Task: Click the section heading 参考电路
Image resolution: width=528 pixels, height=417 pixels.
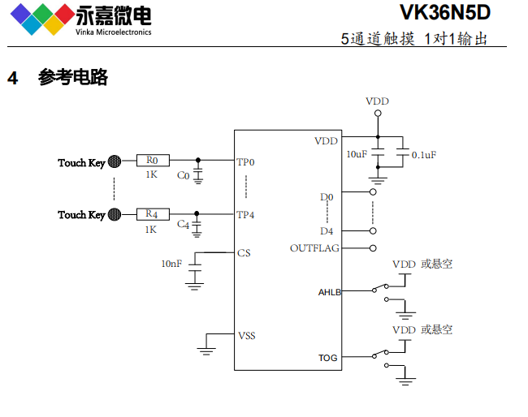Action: pos(73,78)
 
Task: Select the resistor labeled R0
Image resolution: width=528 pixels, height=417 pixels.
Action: pos(152,161)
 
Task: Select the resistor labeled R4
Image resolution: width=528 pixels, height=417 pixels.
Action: pos(152,214)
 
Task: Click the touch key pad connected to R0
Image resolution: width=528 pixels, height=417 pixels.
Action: pos(115,161)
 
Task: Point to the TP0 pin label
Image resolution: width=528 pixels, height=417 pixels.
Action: pos(245,162)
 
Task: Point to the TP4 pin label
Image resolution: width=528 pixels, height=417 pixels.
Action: pos(245,215)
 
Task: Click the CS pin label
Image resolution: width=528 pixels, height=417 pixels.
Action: pos(244,253)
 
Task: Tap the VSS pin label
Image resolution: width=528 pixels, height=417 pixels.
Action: pos(246,334)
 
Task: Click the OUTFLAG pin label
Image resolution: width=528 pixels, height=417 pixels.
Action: pos(314,248)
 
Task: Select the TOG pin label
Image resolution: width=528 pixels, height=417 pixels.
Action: pos(327,358)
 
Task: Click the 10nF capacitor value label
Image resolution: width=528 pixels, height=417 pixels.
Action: pos(171,263)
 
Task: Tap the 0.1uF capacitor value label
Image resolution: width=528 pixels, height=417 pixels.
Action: pos(423,154)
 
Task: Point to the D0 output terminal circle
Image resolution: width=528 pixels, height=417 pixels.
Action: pos(373,193)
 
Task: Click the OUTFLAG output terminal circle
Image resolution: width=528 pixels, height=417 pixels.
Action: pos(373,248)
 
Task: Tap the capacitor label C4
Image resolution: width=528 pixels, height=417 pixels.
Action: pos(183,224)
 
